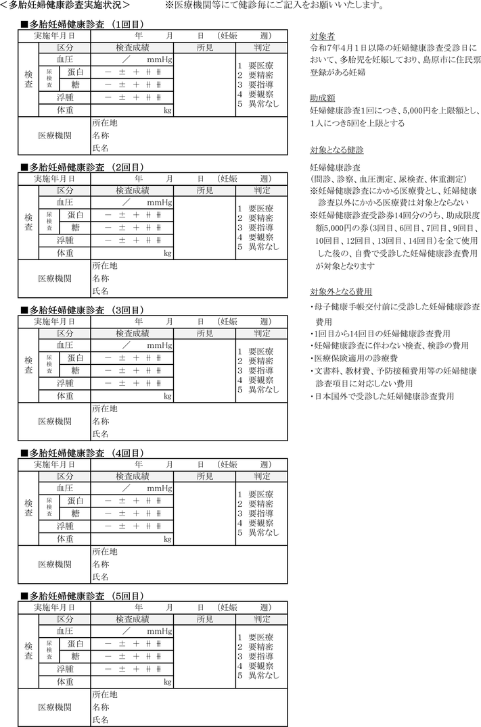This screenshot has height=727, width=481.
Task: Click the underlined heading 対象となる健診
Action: [x=337, y=149]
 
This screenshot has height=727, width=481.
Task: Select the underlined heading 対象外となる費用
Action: [x=341, y=292]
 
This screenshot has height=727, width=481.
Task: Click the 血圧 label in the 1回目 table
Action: [x=65, y=59]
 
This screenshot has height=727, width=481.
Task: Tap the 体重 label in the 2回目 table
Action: [x=65, y=253]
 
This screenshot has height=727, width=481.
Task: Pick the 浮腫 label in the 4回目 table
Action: [x=65, y=526]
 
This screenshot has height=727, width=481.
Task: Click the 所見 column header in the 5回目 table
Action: [x=204, y=619]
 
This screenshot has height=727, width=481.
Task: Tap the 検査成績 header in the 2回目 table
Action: [x=132, y=191]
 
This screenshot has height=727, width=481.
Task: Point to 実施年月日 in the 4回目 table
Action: [x=54, y=464]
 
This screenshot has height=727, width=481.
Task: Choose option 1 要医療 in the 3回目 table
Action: [x=255, y=351]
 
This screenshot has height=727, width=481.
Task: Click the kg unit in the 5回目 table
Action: [x=168, y=682]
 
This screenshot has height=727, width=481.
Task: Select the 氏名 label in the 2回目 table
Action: [x=100, y=291]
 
